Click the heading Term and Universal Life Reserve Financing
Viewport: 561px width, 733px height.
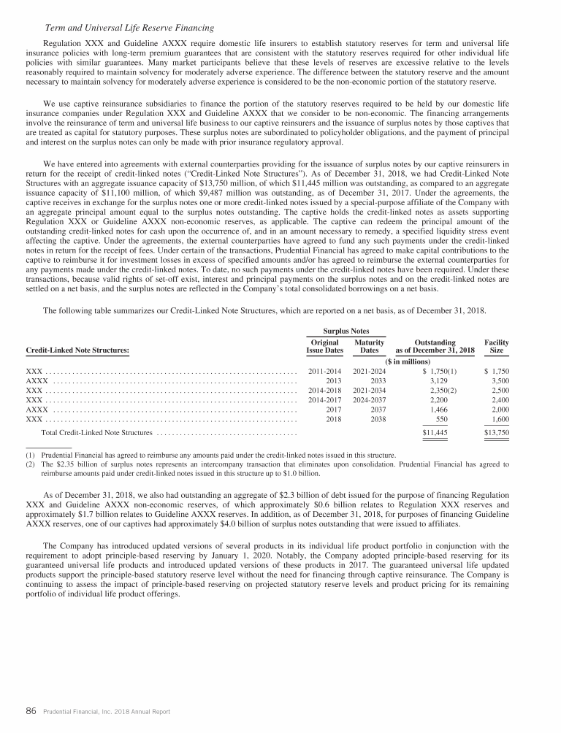(129, 28)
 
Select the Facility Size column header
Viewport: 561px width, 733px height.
(497, 346)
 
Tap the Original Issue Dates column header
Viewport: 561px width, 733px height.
(324, 346)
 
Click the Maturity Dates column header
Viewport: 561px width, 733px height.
(369, 346)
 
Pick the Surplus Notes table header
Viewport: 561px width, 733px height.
(346, 331)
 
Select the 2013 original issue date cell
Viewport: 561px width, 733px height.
(334, 380)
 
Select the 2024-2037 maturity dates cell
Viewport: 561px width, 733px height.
(369, 400)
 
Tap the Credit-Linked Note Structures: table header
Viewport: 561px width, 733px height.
(77, 350)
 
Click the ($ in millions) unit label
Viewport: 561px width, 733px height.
(407, 361)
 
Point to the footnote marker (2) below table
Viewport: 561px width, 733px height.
(30, 464)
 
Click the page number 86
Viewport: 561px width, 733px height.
(31, 711)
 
